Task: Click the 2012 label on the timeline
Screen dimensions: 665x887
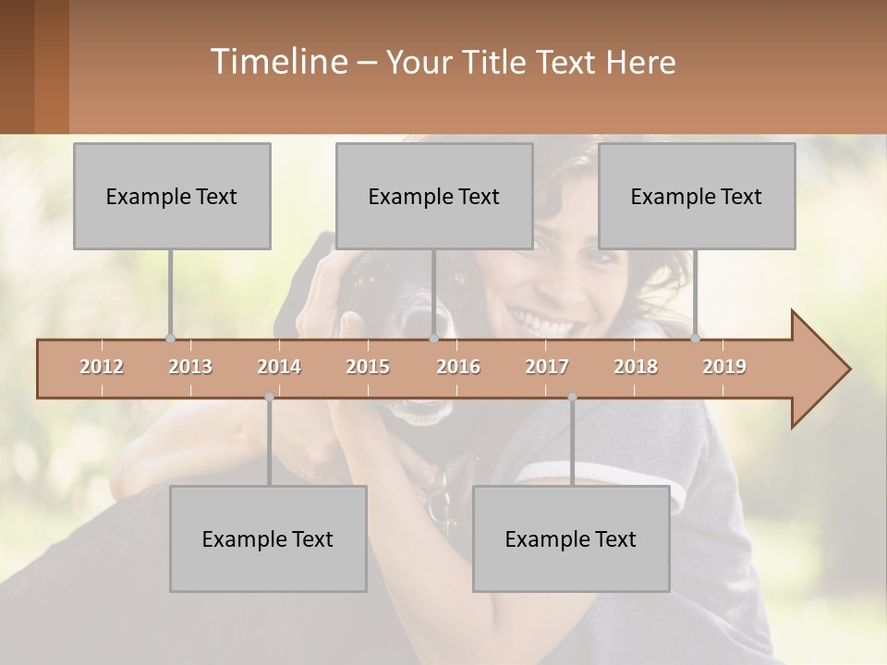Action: pyautogui.click(x=102, y=368)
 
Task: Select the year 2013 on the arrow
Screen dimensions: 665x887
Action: pyautogui.click(x=190, y=368)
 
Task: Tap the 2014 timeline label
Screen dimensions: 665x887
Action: pyautogui.click(x=279, y=368)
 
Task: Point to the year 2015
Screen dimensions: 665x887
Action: pyautogui.click(x=368, y=368)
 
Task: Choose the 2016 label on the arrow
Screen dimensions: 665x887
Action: pyautogui.click(x=458, y=368)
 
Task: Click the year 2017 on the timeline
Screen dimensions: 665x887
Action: pyautogui.click(x=547, y=368)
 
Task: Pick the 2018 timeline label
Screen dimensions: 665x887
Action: pyautogui.click(x=636, y=368)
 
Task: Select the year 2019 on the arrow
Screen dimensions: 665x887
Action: pyautogui.click(x=724, y=368)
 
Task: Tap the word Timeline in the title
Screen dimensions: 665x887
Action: pyautogui.click(x=277, y=62)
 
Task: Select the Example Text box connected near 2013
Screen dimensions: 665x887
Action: pyautogui.click(x=172, y=196)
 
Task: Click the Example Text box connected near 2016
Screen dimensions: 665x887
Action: pyautogui.click(x=434, y=196)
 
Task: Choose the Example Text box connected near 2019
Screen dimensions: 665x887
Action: pyautogui.click(x=697, y=196)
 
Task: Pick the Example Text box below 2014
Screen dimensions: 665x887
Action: pyautogui.click(x=268, y=538)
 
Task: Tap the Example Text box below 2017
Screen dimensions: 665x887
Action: pyautogui.click(x=571, y=538)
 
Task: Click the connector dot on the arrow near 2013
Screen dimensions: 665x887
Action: pyautogui.click(x=170, y=338)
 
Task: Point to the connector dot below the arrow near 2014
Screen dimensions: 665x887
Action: pyautogui.click(x=269, y=397)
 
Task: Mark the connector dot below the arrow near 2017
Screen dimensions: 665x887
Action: pyautogui.click(x=572, y=397)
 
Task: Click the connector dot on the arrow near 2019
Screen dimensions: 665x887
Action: pyautogui.click(x=695, y=338)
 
